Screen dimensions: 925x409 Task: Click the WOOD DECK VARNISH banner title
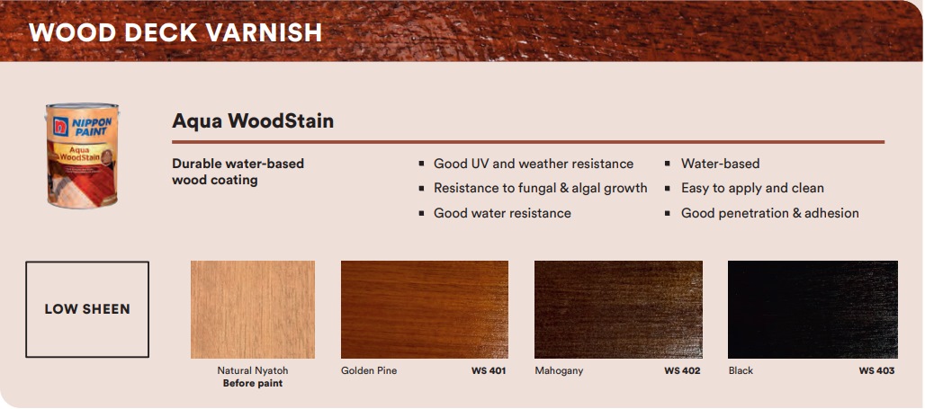(x=175, y=32)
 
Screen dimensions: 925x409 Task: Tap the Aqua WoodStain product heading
(x=253, y=120)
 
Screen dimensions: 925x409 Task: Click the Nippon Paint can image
(x=82, y=156)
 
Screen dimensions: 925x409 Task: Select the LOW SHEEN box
(x=87, y=309)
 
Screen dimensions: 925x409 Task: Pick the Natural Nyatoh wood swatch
(x=253, y=309)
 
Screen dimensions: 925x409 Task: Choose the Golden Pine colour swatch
(x=425, y=309)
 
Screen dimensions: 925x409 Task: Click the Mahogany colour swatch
(x=618, y=309)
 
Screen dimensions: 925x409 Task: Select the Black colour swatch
(x=813, y=309)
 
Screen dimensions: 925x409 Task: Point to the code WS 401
(x=489, y=370)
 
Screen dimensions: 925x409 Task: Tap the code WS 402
(x=682, y=370)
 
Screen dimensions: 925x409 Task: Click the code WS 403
(x=876, y=370)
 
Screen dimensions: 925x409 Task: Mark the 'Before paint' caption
(x=253, y=384)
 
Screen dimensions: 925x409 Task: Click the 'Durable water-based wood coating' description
(x=238, y=172)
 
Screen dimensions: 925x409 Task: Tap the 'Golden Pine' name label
(x=369, y=370)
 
